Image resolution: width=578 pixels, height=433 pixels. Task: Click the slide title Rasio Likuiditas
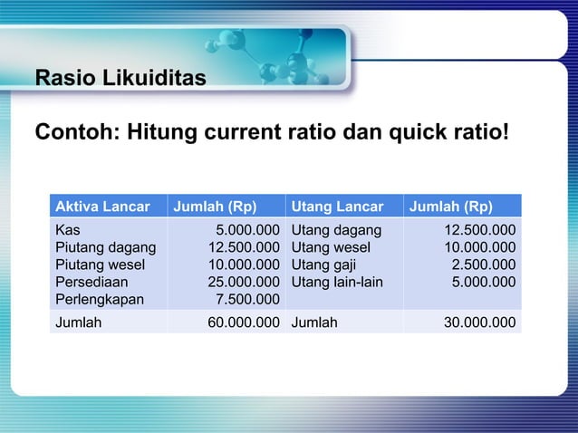pos(120,78)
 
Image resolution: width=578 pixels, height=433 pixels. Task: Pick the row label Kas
pos(67,230)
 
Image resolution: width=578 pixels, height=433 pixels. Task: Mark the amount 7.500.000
pos(246,299)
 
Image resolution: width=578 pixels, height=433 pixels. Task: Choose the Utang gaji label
pos(322,265)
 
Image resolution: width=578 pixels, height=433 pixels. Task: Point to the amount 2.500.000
pos(485,265)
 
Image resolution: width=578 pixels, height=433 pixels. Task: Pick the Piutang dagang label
pos(105,247)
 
